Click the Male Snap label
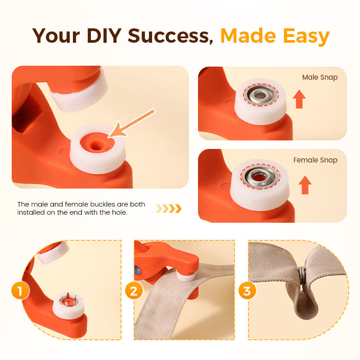319,77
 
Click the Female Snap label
315,160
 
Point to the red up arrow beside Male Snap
298,99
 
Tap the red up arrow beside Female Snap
305,184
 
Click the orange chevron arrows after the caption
168,208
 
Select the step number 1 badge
20,291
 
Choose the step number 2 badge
133,291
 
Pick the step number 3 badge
247,291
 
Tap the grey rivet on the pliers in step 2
136,270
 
